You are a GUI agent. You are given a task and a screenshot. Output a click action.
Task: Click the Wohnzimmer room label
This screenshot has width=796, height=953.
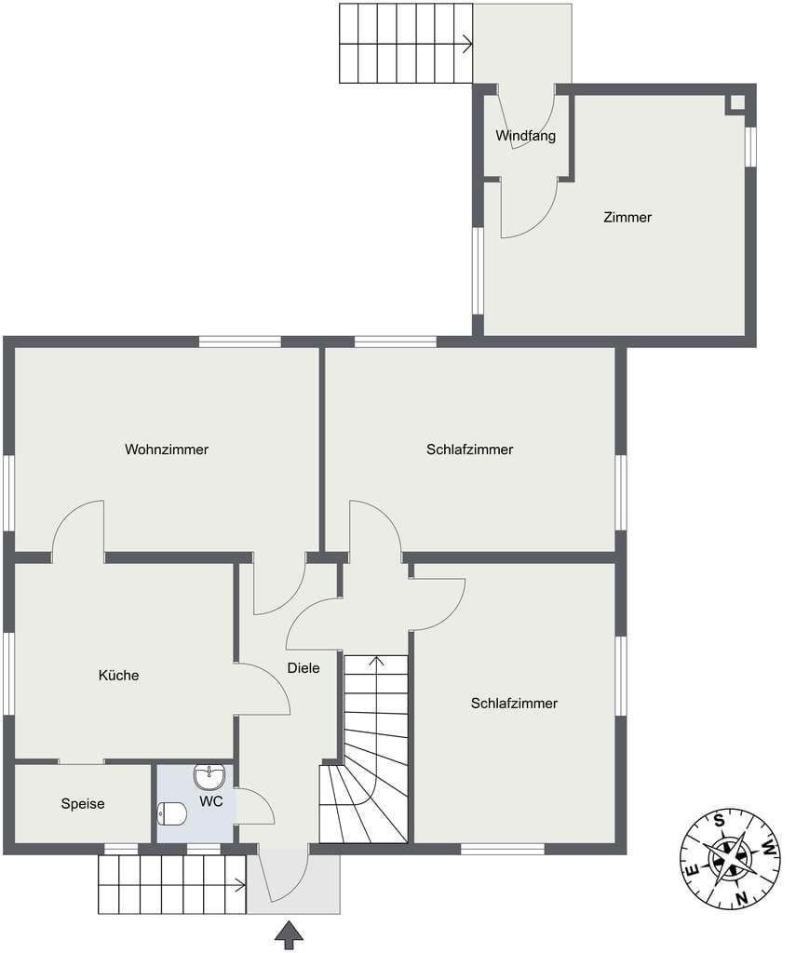[x=167, y=450]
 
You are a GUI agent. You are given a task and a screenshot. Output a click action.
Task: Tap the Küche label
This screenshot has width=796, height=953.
[x=118, y=676]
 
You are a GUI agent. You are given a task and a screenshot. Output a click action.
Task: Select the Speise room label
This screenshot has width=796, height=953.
[x=83, y=803]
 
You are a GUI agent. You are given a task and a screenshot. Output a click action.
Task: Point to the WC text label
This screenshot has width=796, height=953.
[x=211, y=801]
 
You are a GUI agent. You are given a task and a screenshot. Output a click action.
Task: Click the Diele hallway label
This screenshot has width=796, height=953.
[x=304, y=668]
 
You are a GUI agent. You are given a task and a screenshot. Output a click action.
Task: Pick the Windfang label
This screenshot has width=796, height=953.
[x=525, y=136]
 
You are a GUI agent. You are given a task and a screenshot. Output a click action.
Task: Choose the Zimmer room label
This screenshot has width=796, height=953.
[x=627, y=217]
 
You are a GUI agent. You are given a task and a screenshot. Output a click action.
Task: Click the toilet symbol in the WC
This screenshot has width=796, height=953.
[x=172, y=813]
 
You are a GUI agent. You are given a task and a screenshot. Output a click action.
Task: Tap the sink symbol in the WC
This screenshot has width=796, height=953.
[x=209, y=776]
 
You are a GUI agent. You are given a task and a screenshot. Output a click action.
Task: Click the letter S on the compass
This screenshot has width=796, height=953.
[x=720, y=821]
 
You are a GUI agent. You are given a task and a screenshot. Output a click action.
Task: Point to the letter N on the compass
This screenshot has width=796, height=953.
[x=741, y=898]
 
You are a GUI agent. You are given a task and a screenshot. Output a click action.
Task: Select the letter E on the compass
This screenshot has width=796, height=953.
[x=692, y=870]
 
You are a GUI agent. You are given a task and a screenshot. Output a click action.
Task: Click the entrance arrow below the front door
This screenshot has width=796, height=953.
[x=289, y=934]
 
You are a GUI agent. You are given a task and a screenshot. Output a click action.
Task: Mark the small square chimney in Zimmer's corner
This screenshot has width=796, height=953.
[x=736, y=104]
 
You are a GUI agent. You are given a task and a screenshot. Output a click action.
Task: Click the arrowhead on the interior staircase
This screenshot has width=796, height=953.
[x=376, y=661]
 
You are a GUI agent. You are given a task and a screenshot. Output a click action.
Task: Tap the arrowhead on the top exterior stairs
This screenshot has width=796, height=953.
[x=468, y=44]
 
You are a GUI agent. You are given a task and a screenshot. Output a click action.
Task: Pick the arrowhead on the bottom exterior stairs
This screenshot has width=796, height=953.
[x=241, y=885]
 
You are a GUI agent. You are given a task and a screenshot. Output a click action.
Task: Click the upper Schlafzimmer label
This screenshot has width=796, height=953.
[x=469, y=450]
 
